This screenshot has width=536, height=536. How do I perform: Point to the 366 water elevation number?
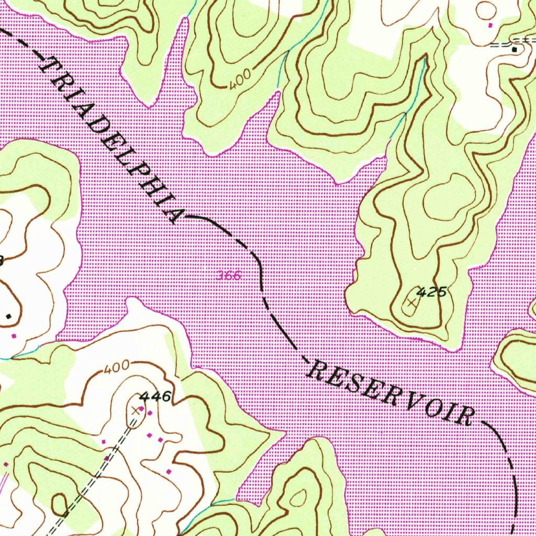point(229,275)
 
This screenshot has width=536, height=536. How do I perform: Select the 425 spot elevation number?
point(432,292)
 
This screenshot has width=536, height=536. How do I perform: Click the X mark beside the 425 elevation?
point(411,303)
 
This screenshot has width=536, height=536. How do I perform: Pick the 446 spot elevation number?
point(155,397)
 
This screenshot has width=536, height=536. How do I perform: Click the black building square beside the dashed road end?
point(515,49)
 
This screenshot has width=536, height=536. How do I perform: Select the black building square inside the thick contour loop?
point(8,316)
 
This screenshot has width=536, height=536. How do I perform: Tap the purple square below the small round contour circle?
point(490,25)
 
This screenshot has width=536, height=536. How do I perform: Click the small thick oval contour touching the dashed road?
point(59,504)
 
